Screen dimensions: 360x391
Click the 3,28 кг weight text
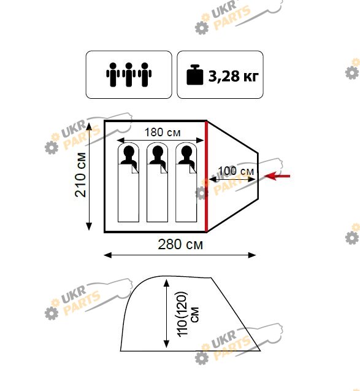pyautogui.click(x=234, y=76)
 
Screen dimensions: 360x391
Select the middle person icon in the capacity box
pyautogui.click(x=129, y=74)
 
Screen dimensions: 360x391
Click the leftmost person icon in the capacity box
pyautogui.click(x=113, y=74)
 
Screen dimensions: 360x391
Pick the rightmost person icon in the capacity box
pyautogui.click(x=145, y=74)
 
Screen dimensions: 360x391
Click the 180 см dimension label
pyautogui.click(x=163, y=133)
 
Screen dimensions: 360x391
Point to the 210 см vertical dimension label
pyautogui.click(x=80, y=175)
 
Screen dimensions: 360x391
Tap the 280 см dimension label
pyautogui.click(x=180, y=244)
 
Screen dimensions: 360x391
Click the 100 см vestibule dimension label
pyautogui.click(x=236, y=171)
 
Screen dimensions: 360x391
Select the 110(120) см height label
pyautogui.click(x=188, y=314)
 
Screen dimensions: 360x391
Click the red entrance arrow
pyautogui.click(x=277, y=176)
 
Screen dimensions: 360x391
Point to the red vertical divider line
pyautogui.click(x=206, y=177)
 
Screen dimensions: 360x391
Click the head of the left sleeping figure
pyautogui.click(x=129, y=152)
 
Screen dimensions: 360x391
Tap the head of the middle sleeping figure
pyautogui.click(x=158, y=152)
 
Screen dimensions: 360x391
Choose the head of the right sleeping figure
pyautogui.click(x=186, y=152)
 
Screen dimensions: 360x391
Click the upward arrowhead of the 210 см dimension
pyautogui.click(x=89, y=126)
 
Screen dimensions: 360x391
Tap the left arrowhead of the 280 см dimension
pyautogui.click(x=107, y=255)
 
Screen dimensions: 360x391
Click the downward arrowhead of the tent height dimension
pyautogui.click(x=167, y=344)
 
